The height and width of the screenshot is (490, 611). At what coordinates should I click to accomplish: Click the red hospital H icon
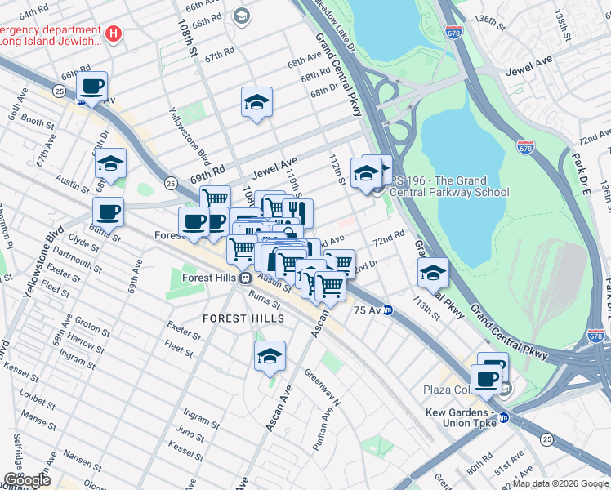point(114,34)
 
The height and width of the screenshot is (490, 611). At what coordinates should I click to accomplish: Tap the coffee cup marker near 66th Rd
point(92,86)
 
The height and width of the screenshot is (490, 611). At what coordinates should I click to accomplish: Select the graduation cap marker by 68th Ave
point(256,103)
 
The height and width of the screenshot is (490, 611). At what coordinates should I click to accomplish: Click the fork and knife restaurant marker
point(298,213)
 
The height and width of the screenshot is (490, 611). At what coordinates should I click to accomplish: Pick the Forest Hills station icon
point(245,278)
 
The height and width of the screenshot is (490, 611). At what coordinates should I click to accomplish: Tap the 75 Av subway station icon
point(389,310)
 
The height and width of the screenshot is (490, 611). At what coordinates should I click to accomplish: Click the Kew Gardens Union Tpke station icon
point(503,417)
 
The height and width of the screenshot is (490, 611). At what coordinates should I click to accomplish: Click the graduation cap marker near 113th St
point(433,274)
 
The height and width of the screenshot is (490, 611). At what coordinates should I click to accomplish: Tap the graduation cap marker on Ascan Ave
point(270,356)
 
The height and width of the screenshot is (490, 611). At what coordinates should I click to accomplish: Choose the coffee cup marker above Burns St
point(108,212)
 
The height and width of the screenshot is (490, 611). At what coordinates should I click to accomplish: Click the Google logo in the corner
point(28,479)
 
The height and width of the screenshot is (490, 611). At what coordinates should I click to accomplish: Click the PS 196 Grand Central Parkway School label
point(449,186)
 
